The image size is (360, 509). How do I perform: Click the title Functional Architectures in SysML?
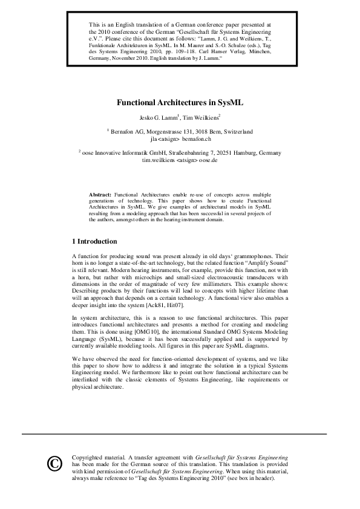[180, 102]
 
